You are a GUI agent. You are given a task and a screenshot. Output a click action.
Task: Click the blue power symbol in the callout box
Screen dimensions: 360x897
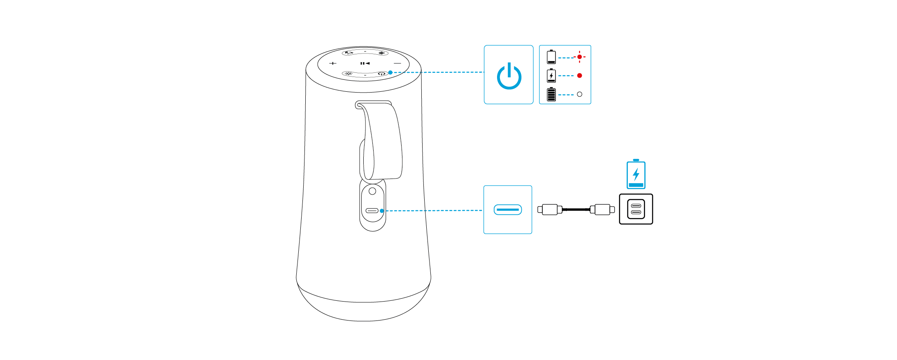click(x=509, y=76)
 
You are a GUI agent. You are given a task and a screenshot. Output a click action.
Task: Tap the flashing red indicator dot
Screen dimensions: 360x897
click(x=579, y=57)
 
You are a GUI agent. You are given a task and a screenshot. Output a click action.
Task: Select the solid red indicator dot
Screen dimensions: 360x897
click(x=579, y=76)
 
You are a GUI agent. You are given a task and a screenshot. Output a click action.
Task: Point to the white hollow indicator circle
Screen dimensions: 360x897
click(x=579, y=94)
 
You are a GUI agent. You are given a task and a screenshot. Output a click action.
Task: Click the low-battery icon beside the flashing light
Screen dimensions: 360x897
click(x=551, y=57)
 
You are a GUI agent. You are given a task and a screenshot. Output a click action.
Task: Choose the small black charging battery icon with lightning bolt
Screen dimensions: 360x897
click(x=551, y=76)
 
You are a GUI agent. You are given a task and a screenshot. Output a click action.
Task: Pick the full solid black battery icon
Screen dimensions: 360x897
click(x=551, y=94)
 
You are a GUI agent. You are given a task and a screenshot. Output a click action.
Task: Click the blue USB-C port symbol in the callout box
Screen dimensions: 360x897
click(x=508, y=210)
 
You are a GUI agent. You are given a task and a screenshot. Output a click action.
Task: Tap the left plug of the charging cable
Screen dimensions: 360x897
click(x=548, y=210)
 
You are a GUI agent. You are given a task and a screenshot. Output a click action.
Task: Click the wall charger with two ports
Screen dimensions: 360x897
click(x=636, y=209)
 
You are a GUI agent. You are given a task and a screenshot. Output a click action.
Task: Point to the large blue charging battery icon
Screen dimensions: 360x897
click(x=636, y=174)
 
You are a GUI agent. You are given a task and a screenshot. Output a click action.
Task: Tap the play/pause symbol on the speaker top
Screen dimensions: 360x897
click(x=365, y=63)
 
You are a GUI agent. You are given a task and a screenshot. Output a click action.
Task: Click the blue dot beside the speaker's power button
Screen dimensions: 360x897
click(x=390, y=72)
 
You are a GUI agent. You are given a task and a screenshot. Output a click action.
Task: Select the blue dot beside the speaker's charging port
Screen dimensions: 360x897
click(x=382, y=211)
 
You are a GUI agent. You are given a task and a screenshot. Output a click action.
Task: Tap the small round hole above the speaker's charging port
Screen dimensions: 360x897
click(x=372, y=191)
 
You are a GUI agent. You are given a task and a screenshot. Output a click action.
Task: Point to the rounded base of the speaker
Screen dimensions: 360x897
click(x=363, y=307)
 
